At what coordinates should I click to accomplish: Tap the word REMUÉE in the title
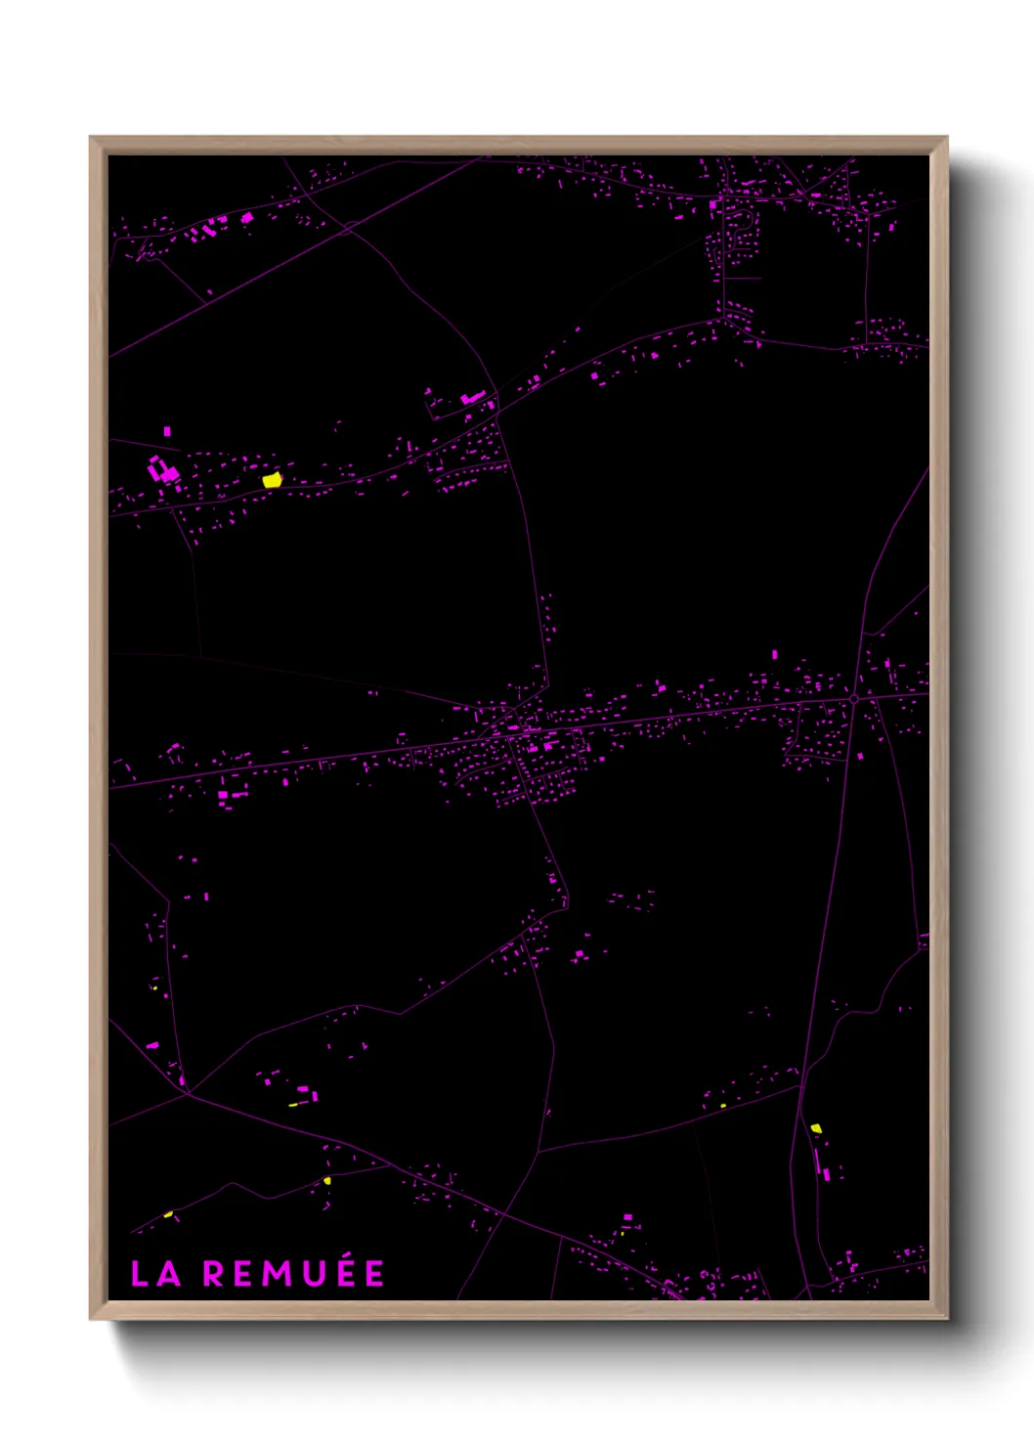point(293,1274)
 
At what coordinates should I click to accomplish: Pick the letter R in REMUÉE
point(213,1274)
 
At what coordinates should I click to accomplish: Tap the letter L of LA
point(140,1274)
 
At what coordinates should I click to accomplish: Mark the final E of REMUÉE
point(374,1274)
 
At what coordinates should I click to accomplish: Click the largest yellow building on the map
point(272,479)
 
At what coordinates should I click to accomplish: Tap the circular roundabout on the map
point(854,699)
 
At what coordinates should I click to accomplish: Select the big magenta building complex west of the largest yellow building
point(162,470)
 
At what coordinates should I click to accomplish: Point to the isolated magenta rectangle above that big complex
point(167,430)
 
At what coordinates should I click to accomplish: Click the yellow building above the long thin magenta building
point(816,1128)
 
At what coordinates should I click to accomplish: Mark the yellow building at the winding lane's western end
point(168,1214)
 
